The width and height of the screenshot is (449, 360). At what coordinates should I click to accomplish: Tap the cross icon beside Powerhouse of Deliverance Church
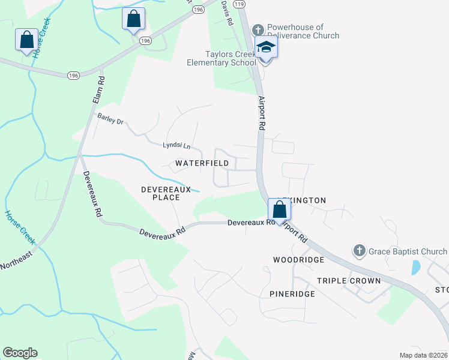(258, 29)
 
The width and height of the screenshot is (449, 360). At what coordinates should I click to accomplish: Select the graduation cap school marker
(266, 47)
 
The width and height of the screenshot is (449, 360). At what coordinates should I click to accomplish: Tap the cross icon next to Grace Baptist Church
(359, 251)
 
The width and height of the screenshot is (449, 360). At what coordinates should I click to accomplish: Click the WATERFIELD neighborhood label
(202, 163)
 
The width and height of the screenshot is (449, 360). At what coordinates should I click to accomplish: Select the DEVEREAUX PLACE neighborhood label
(166, 193)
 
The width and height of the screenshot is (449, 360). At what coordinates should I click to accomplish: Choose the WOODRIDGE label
(298, 260)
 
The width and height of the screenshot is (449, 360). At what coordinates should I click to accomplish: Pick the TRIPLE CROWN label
(349, 281)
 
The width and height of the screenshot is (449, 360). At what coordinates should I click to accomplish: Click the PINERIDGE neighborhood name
(292, 294)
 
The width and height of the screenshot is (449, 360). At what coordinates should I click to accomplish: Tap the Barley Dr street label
(110, 121)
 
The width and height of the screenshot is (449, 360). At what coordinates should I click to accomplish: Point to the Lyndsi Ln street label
(176, 146)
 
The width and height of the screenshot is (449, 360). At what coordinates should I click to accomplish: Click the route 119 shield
(240, 4)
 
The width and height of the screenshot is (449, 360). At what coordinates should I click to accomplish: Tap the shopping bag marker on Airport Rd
(279, 210)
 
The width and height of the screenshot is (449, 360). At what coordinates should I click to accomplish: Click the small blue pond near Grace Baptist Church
(415, 267)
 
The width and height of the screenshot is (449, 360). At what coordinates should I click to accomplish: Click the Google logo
(20, 353)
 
